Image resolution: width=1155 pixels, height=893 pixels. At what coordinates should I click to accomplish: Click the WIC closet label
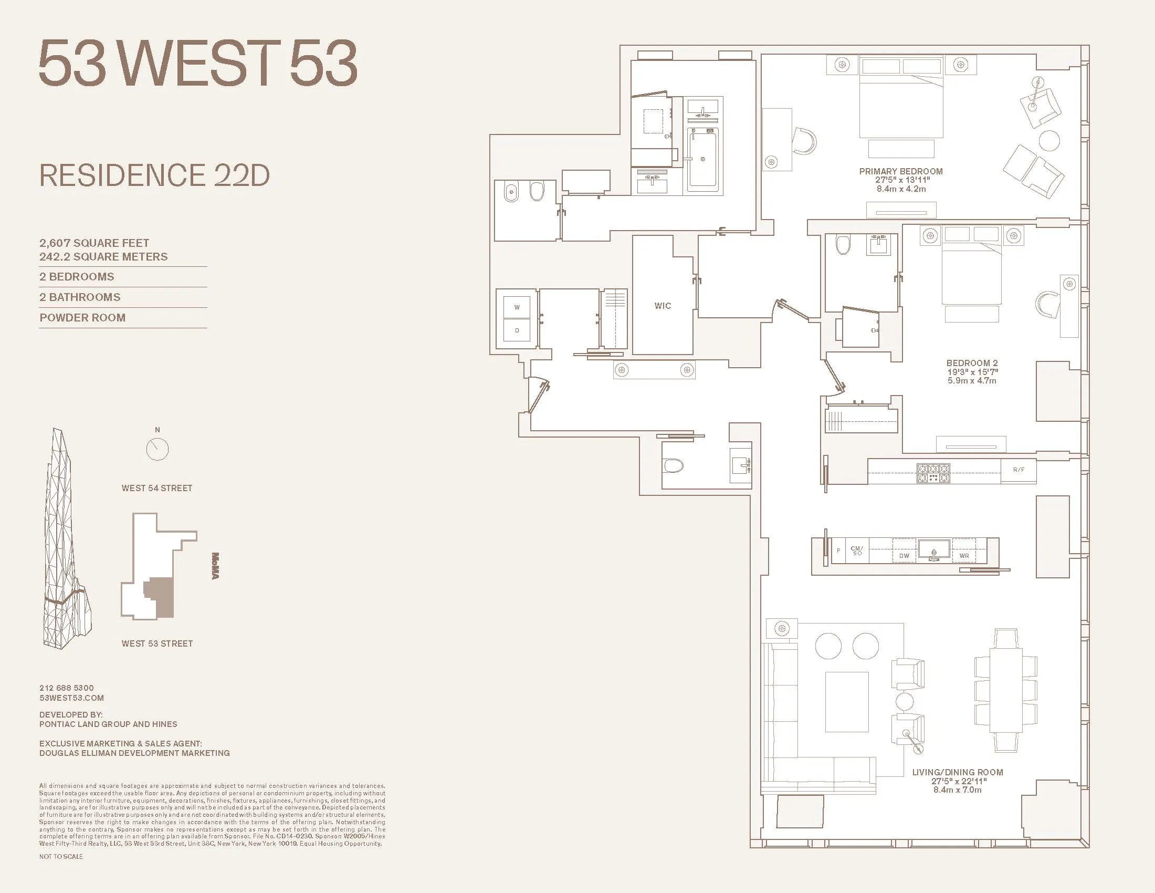[x=662, y=306]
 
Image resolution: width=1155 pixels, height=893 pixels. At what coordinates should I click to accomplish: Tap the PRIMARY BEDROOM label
[x=900, y=171]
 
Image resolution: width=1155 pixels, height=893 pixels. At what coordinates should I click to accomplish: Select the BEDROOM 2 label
[x=971, y=363]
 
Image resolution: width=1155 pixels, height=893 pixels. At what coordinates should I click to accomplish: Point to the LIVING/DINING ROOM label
[x=957, y=772]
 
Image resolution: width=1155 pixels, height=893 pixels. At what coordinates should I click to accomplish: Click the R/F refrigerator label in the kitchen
[x=1018, y=470]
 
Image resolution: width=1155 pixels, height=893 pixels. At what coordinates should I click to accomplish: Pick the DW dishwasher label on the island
[x=904, y=556]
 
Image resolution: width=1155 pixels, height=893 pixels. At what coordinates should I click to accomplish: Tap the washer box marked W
[x=517, y=307]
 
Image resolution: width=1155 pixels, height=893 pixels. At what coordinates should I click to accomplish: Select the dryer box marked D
[x=517, y=330]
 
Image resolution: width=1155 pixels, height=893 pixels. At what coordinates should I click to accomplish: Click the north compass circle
[x=157, y=449]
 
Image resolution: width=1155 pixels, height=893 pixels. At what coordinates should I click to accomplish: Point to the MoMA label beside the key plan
[x=215, y=566]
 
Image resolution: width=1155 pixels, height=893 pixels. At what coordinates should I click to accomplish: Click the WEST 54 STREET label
[x=156, y=489]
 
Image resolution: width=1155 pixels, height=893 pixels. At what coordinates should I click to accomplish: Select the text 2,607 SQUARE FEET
[x=94, y=243]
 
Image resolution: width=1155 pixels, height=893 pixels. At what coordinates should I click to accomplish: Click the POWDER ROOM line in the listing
[x=82, y=317]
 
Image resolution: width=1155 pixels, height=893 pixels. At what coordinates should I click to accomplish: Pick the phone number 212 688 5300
[x=66, y=688]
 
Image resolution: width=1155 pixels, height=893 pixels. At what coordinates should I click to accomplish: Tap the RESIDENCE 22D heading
[x=154, y=175]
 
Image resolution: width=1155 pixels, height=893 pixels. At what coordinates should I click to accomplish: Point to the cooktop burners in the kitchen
[x=933, y=472]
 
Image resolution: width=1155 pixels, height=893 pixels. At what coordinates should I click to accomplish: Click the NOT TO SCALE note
[x=61, y=857]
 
